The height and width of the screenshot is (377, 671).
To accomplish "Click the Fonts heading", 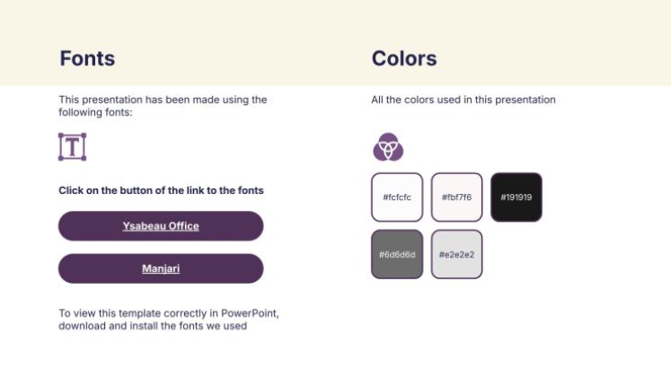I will pyautogui.click(x=87, y=58).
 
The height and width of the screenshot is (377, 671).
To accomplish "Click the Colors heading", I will pyautogui.click(x=404, y=58).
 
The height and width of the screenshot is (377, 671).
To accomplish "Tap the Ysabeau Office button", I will pyautogui.click(x=161, y=226).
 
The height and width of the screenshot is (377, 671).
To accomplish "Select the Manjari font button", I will pyautogui.click(x=161, y=268).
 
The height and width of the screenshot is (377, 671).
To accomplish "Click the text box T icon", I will pyautogui.click(x=72, y=147).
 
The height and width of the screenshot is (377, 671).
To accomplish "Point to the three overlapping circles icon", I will pyautogui.click(x=388, y=146).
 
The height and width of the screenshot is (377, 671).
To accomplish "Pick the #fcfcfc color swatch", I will pyautogui.click(x=397, y=197).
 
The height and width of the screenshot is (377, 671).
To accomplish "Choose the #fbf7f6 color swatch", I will pyautogui.click(x=456, y=197).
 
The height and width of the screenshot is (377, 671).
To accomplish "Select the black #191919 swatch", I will pyautogui.click(x=516, y=197).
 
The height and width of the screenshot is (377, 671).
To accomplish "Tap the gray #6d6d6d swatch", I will pyautogui.click(x=397, y=254).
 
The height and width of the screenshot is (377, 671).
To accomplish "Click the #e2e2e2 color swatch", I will pyautogui.click(x=456, y=254).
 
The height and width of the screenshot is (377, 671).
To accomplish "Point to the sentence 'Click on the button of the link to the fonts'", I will pyautogui.click(x=161, y=190).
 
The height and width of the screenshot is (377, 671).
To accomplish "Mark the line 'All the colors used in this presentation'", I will pyautogui.click(x=464, y=100).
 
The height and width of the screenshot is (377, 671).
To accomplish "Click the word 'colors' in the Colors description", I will pyautogui.click(x=419, y=100).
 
